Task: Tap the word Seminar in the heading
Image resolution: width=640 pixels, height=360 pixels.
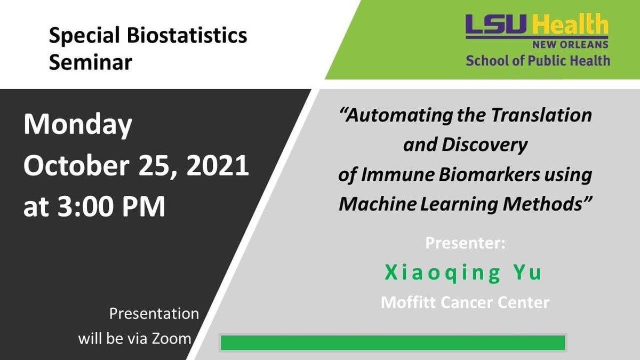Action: [x=91, y=62]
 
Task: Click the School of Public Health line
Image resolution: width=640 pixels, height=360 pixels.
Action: [x=538, y=60]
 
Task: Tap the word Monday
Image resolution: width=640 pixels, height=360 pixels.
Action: [x=77, y=125]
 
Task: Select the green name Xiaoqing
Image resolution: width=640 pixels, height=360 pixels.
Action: [x=442, y=273]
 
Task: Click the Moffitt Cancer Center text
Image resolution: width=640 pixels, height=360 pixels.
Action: [x=465, y=302]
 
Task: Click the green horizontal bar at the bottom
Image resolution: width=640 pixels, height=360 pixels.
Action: [x=393, y=342]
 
